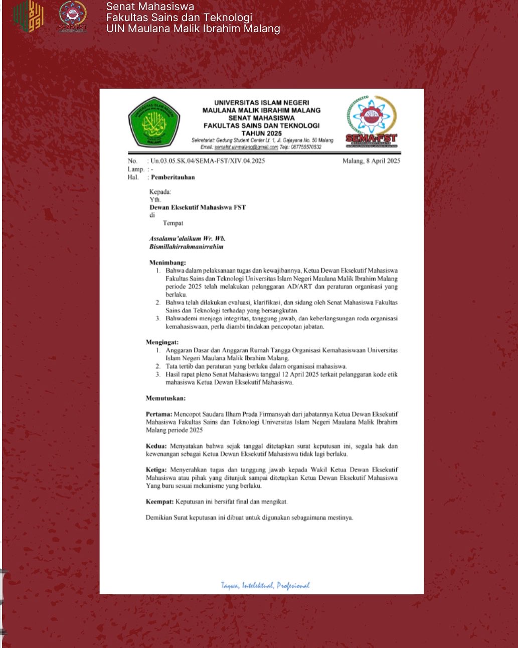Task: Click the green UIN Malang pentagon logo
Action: point(153,122)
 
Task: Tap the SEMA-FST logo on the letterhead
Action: point(371,122)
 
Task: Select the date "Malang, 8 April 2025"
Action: point(371,161)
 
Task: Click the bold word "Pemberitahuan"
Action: point(173,177)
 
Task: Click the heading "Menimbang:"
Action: point(167,263)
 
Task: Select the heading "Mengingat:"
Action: point(162,342)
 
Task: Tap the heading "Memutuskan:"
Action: point(165,399)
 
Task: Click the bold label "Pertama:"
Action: point(159,414)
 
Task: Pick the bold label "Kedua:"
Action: point(156,446)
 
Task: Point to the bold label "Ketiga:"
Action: point(156,470)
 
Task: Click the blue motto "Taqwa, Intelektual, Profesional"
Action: point(265,585)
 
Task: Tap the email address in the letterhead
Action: point(246,147)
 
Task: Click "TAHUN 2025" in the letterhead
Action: point(261,134)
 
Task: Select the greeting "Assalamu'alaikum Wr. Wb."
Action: point(187,238)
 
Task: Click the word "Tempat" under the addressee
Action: point(173,223)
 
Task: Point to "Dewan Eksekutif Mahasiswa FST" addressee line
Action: point(198,207)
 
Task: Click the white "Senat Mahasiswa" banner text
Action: point(150,7)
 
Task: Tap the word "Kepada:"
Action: point(160,192)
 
